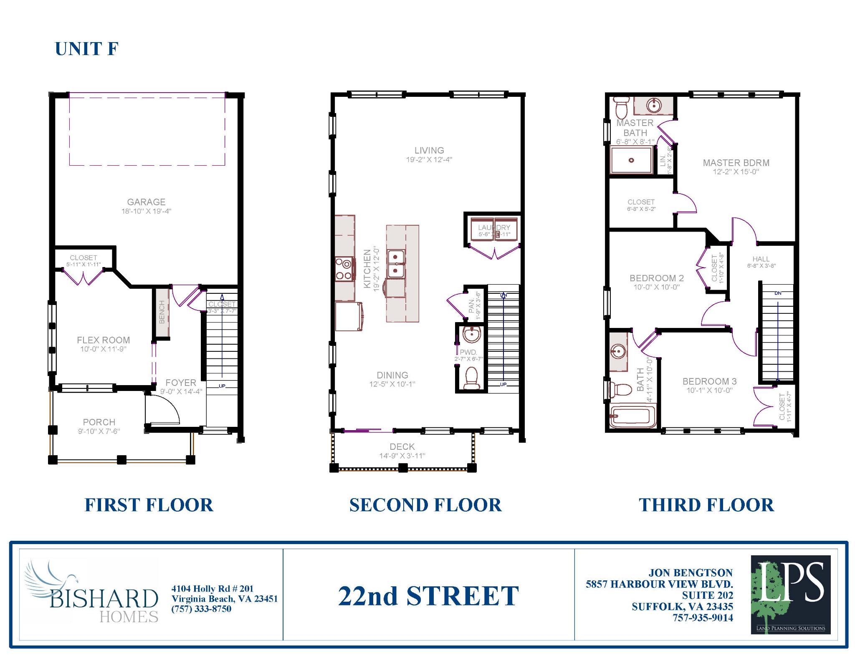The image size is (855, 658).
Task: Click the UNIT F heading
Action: pos(87,49)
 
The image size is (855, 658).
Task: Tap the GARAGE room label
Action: pos(146,202)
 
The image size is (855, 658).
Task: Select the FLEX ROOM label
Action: pos(103,340)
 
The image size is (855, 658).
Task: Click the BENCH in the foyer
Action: pos(162,312)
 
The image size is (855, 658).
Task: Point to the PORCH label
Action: pos(99,422)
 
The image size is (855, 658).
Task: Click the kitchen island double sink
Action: pos(395,263)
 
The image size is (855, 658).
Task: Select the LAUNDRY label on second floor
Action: pos(494,228)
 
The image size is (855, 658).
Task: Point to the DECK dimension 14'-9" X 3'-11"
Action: pos(402,456)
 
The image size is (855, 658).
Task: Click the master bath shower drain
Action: pos(631,160)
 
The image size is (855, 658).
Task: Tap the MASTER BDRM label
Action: pos(736,163)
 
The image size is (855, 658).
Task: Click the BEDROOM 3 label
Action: pos(709,381)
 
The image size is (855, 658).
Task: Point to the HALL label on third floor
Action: pos(761,259)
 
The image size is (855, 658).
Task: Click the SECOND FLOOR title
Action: pos(425,505)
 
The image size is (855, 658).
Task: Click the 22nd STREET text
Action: pos(428,596)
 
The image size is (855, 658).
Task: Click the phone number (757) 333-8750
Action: pos(201,609)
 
